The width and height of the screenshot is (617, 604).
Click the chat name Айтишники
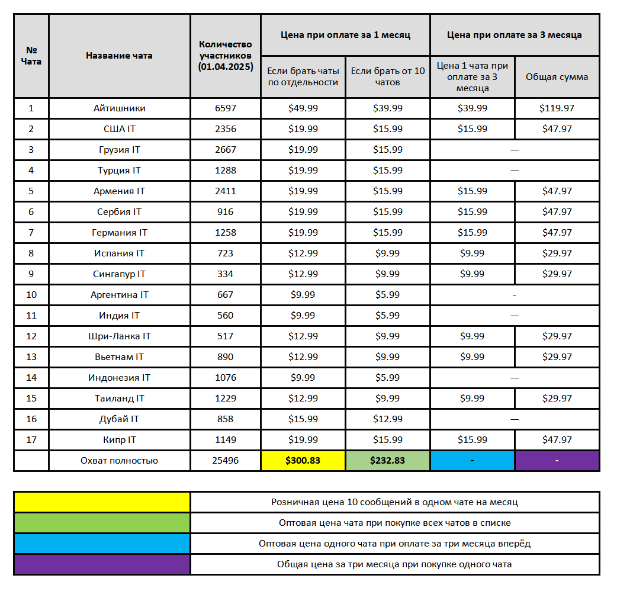coord(119,108)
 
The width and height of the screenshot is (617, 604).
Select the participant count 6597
coord(226,108)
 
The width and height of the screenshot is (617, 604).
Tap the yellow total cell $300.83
coord(303,460)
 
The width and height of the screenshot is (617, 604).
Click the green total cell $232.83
coord(388,460)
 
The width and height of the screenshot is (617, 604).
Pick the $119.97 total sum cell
coord(557,108)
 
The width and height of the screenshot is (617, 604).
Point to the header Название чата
coord(119,56)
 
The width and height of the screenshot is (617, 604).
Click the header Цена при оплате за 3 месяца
coord(514,35)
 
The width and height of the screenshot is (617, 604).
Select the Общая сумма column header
coord(557,77)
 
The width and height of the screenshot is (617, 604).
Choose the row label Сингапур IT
coord(119,274)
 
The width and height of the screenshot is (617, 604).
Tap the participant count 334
coord(226,274)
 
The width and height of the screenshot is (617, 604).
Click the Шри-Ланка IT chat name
coord(119,336)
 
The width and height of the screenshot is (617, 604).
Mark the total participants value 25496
coord(226,460)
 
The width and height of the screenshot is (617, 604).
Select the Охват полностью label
coord(119,460)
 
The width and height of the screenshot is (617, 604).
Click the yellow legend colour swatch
coord(102,502)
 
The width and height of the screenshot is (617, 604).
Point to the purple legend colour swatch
coord(102,564)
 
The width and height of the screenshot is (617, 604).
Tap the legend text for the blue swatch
coord(394,544)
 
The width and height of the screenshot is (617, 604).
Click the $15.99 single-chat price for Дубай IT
coord(303,419)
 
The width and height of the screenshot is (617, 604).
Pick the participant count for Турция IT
coord(226,171)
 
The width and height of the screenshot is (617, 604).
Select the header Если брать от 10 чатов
coord(388,77)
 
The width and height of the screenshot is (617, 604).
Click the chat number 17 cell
coord(31,440)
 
